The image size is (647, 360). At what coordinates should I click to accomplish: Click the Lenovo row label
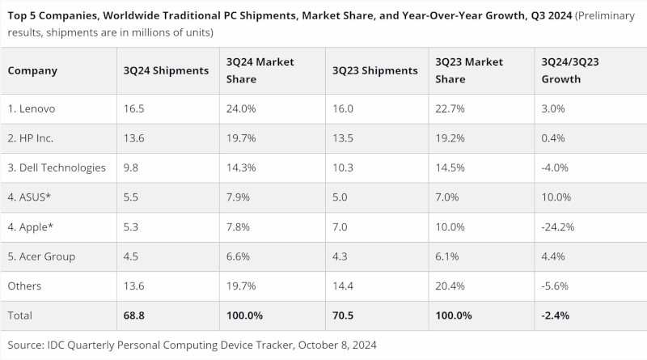(32, 109)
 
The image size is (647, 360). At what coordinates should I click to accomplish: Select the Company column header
(32, 70)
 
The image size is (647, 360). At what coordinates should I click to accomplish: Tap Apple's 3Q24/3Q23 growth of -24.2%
(558, 227)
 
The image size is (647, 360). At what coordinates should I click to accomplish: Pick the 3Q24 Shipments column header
(164, 70)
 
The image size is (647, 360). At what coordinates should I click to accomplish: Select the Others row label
(24, 286)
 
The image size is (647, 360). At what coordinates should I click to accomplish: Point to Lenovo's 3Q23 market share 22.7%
(451, 109)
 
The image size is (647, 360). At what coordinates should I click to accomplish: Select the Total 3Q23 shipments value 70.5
(344, 316)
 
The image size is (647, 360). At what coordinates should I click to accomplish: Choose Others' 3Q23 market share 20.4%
(451, 286)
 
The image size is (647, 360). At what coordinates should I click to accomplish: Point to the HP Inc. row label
(31, 138)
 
